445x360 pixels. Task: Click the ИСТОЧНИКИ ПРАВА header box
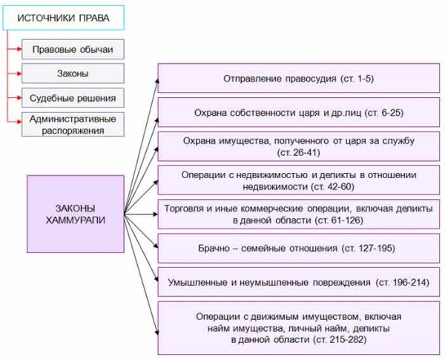[64, 18]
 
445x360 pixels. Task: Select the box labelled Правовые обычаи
[73, 50]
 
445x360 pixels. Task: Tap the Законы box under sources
[73, 73]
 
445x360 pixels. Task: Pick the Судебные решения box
[73, 98]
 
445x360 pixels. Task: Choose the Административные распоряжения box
[73, 125]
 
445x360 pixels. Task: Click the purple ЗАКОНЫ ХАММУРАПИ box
[76, 214]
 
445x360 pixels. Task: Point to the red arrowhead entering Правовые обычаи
[19, 50]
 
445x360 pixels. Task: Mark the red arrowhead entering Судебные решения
[19, 98]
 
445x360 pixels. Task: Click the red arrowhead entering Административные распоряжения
[19, 122]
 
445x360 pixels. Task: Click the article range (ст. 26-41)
[299, 153]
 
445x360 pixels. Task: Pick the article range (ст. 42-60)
[332, 186]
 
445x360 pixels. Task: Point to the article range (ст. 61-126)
[339, 220]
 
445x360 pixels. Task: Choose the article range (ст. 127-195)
[369, 249]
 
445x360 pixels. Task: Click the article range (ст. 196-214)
[403, 282]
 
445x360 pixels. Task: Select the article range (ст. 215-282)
[340, 339]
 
